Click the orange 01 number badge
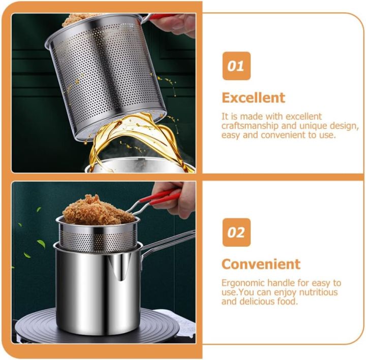tap(236, 66)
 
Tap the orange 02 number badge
tap(236, 233)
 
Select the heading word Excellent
tap(253, 97)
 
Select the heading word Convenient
tap(261, 264)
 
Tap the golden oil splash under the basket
tap(132, 137)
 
